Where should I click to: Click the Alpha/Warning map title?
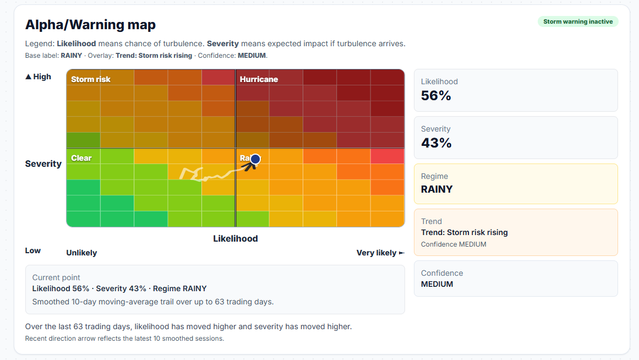coord(90,25)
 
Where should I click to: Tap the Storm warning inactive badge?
coord(578,22)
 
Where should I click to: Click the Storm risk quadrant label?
coord(90,79)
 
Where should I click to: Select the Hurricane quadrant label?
coord(259,79)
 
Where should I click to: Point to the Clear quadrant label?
coord(81,158)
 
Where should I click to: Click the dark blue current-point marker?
coord(255,159)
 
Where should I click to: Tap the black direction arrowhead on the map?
coord(249,165)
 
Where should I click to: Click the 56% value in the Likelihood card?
coord(436,96)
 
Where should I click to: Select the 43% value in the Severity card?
coord(436,143)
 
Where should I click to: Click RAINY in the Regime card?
coord(436,189)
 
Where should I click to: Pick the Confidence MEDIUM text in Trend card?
coord(454,244)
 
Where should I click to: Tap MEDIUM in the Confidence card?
coord(437,284)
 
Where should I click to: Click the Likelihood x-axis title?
coord(235,238)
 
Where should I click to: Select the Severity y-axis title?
coord(43,163)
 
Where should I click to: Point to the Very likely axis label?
coord(376,253)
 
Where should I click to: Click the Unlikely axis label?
coord(81,253)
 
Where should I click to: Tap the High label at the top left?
coord(39,77)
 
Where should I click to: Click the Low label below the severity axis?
coord(33,250)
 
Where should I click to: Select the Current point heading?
coord(56,277)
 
